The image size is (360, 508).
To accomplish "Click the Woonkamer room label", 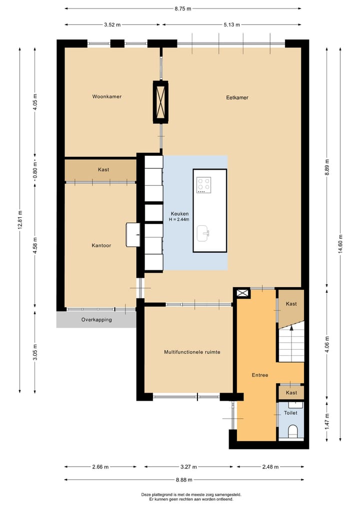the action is point(106,96).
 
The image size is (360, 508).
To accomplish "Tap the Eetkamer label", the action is point(237,97).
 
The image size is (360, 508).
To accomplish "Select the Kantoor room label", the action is point(101,246).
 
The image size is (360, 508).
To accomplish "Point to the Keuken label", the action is point(179,214).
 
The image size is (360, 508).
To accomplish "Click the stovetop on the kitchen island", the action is point(204,185).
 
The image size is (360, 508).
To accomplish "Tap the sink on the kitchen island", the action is point(203,233).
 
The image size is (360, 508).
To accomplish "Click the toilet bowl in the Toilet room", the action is point(293,431).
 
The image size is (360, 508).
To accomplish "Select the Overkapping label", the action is point(96,320).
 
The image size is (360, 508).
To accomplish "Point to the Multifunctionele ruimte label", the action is point(192,352).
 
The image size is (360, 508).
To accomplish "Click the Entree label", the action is point(260,375).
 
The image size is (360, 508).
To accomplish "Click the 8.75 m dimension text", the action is point(183,9).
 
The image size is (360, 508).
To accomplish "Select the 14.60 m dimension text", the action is point(340,245).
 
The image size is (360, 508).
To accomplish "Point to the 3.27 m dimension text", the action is point(188,467).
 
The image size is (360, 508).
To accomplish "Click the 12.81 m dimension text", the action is point(20,220).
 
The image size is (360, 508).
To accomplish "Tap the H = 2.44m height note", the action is point(179,219).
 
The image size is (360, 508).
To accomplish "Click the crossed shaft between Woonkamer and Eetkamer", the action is point(161,102).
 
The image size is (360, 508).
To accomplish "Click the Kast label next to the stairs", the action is point(291,304).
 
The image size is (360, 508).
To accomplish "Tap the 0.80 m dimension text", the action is point(35,170).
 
